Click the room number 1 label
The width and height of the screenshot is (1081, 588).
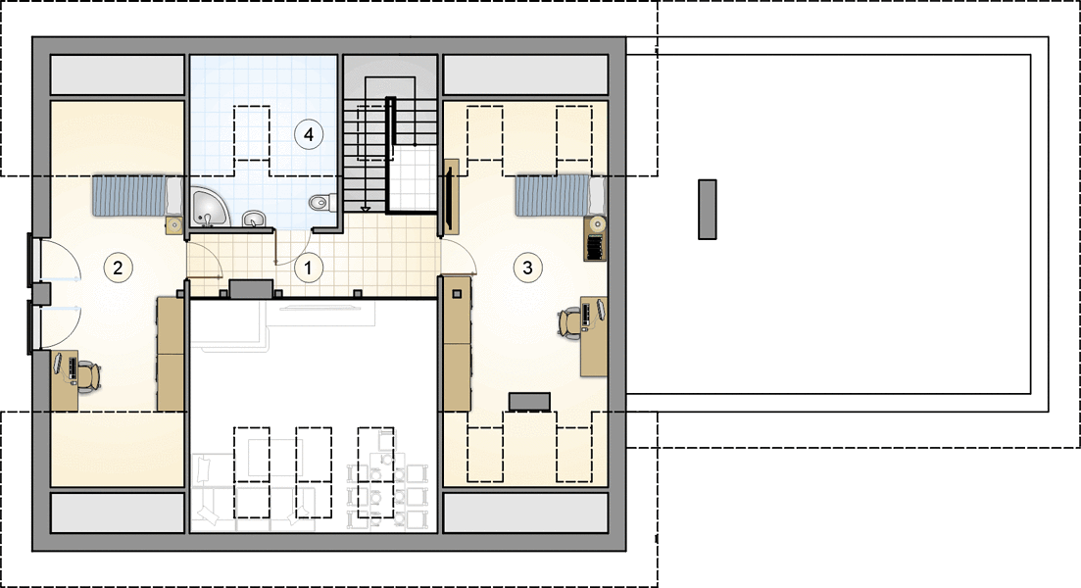[308, 268]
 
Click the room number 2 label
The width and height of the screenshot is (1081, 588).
[118, 268]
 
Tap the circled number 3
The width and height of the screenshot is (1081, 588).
[527, 268]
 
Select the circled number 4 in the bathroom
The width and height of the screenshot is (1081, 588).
[308, 134]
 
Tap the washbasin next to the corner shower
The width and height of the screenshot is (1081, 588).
[255, 220]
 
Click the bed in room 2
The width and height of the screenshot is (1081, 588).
[137, 196]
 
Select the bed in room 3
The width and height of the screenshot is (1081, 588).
[561, 196]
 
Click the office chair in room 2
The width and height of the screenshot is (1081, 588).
[87, 377]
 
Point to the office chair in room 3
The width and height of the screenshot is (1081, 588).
[570, 322]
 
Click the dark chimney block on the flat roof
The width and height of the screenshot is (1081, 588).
[708, 210]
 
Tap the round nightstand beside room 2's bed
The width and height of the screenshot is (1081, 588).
[175, 224]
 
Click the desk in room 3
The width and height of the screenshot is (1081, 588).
[594, 336]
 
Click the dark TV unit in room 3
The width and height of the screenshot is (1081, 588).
[529, 401]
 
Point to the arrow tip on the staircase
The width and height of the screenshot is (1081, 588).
[366, 210]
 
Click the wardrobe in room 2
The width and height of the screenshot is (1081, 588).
[171, 354]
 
